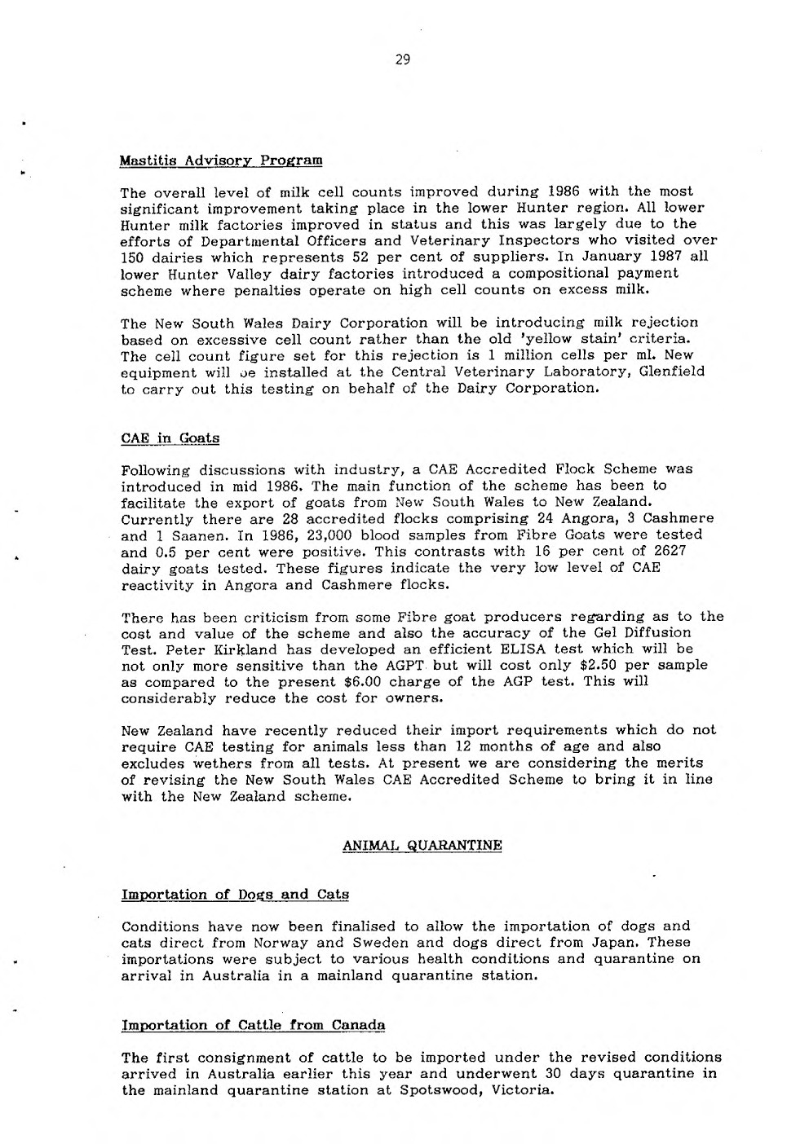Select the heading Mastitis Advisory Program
pos(221,159)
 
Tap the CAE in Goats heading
pos(170,438)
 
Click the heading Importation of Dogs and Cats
pos(235,894)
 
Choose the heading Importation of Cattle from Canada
pos(253,1024)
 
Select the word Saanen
pos(183,535)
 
